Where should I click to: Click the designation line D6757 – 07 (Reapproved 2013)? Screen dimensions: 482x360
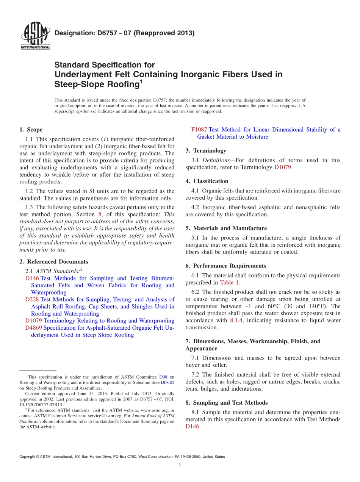124,33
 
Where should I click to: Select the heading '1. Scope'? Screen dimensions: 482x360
31,130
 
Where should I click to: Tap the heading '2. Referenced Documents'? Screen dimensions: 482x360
53,261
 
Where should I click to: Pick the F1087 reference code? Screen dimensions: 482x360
199,130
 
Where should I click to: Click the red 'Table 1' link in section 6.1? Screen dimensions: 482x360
230,282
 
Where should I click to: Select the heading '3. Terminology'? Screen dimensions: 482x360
206,150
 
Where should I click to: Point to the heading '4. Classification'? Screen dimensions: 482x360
207,181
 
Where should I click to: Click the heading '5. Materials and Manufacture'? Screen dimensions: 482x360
226,228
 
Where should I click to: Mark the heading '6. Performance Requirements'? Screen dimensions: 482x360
226,266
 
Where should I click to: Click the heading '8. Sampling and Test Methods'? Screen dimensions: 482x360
226,402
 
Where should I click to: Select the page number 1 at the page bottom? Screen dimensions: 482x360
180,466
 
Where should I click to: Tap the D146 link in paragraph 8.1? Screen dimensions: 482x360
192,426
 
